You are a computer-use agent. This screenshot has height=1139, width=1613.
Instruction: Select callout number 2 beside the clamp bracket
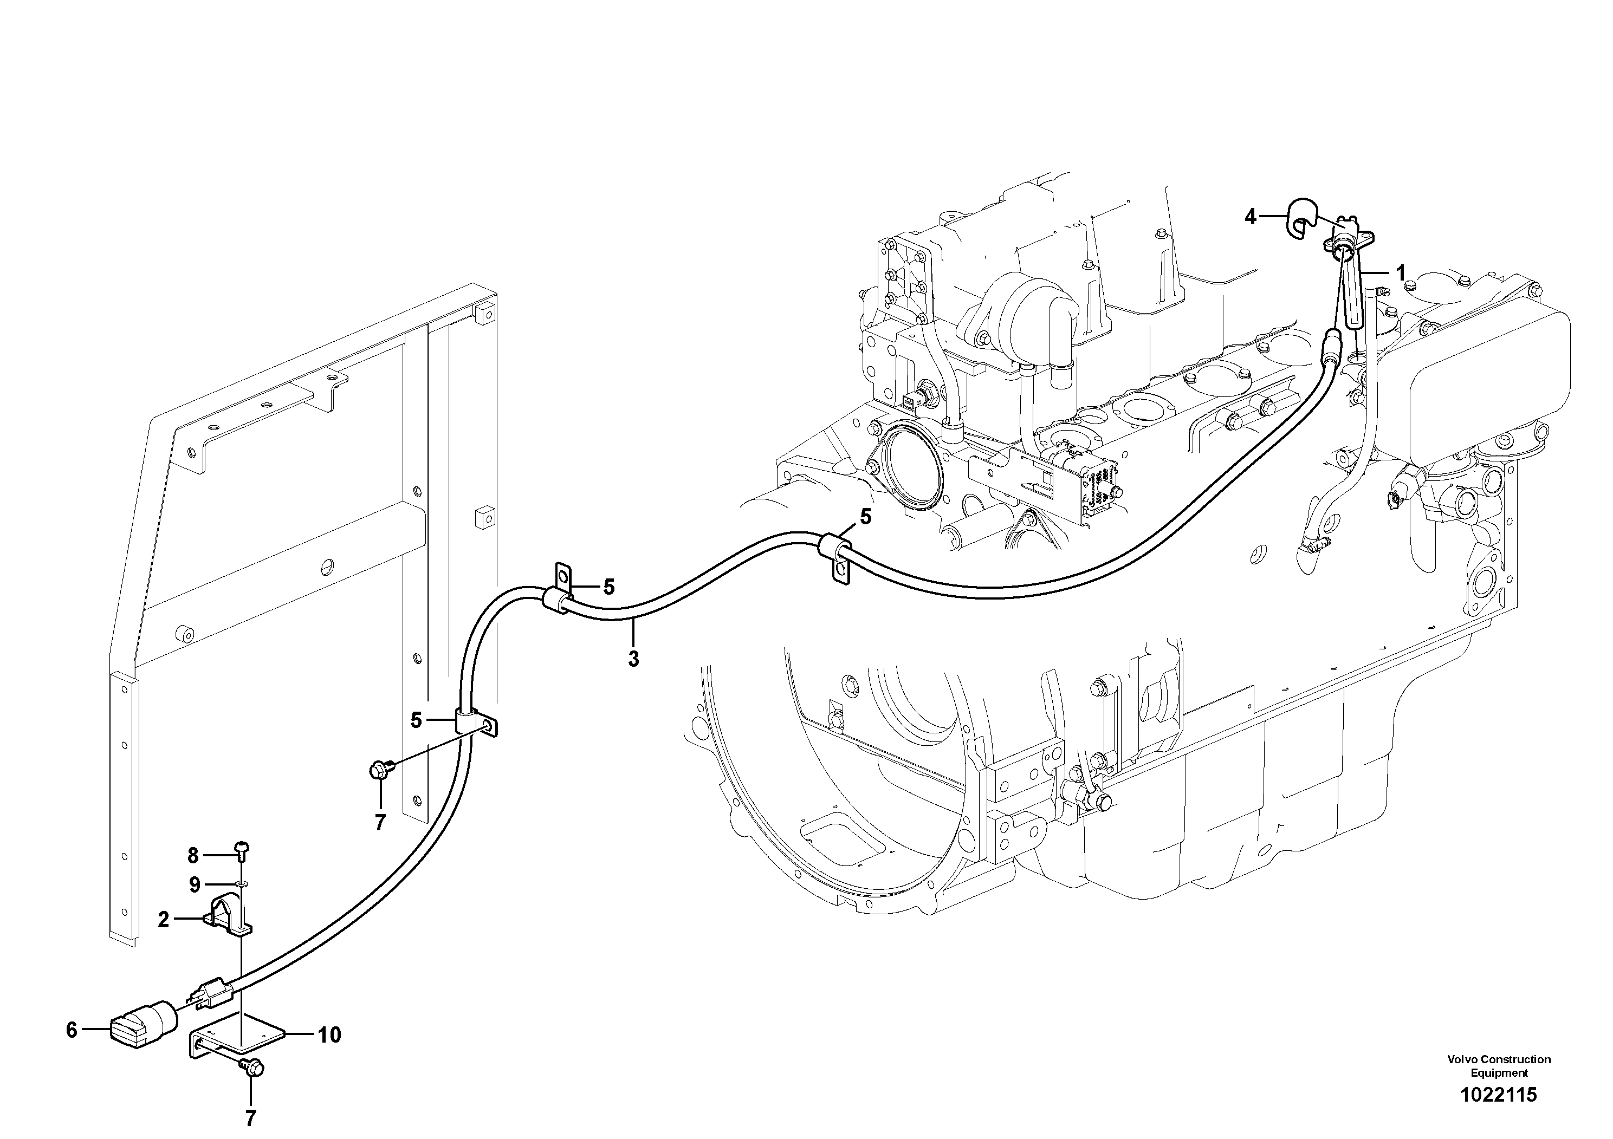click(x=164, y=919)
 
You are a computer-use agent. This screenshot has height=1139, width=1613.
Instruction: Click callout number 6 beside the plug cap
click(x=71, y=1030)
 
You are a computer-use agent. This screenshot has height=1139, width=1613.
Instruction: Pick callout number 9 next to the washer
click(x=195, y=885)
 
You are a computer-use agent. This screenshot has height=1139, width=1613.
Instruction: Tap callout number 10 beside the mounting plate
click(x=329, y=1034)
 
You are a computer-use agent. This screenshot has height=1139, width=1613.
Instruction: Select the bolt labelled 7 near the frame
click(x=379, y=770)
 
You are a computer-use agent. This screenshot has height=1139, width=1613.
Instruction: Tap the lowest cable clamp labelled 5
click(x=472, y=721)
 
